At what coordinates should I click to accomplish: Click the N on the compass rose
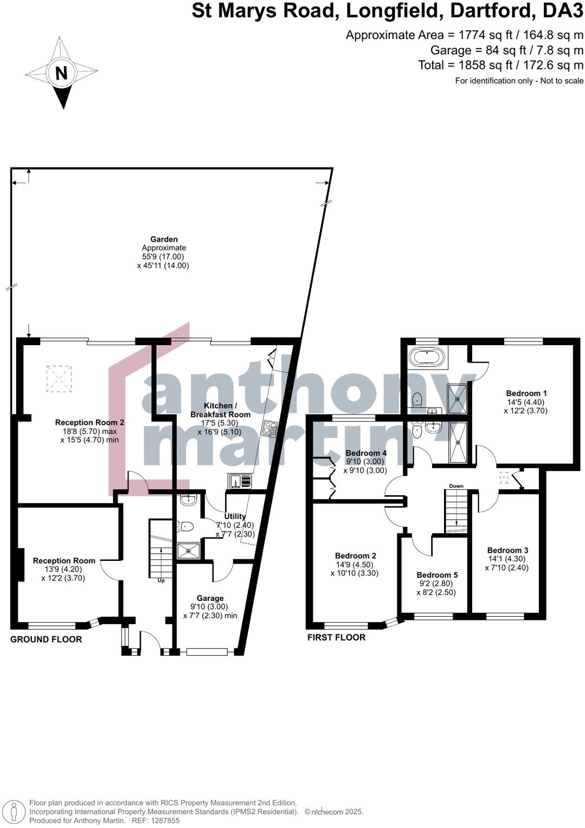point(61,73)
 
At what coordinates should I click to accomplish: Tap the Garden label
point(164,239)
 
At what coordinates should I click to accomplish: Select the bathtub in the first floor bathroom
point(427,357)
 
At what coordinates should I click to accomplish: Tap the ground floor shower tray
point(188,551)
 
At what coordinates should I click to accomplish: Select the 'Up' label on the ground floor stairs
point(161,580)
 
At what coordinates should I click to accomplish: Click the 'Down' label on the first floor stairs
point(456,486)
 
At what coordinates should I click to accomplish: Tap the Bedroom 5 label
point(437,575)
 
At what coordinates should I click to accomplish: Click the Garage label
point(210,598)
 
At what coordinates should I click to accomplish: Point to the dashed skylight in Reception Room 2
point(59,378)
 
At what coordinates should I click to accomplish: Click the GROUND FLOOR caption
point(46,639)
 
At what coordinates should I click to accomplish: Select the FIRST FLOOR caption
point(336,637)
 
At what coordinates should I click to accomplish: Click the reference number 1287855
point(163,820)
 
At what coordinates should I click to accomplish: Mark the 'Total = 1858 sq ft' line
point(500,65)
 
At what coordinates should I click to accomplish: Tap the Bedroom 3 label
point(507,550)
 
